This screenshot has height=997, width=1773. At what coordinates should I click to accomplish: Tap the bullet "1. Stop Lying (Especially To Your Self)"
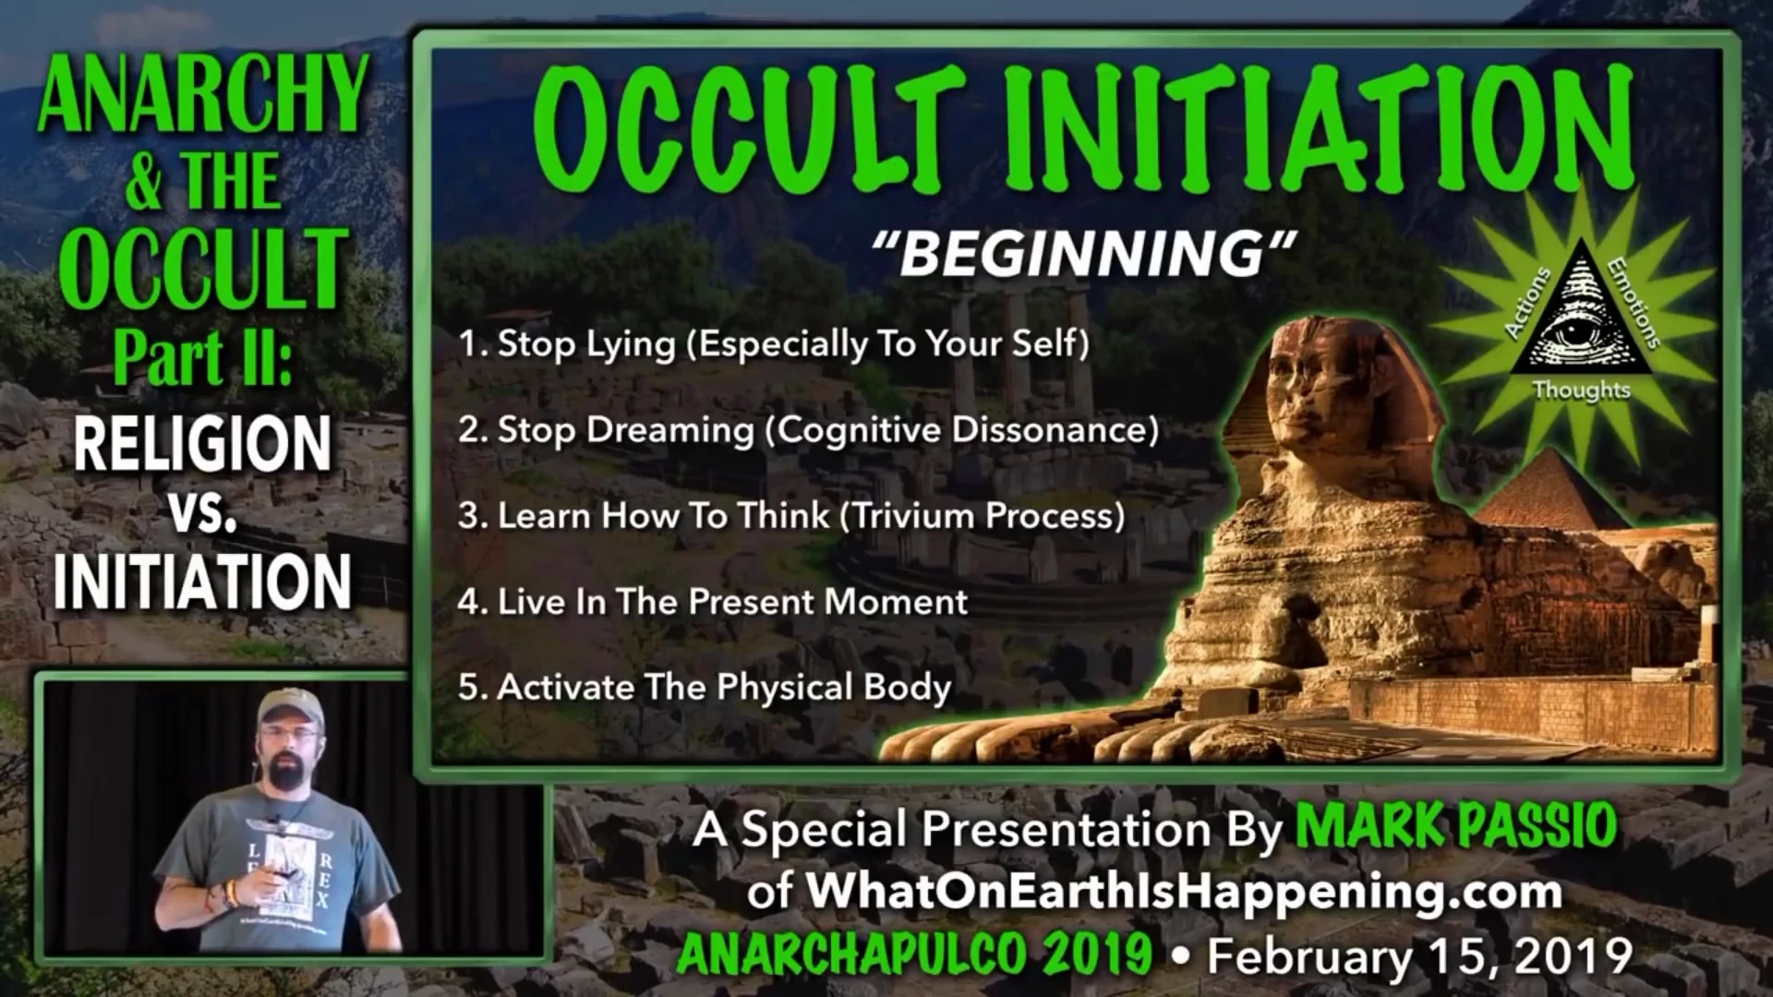[x=774, y=343]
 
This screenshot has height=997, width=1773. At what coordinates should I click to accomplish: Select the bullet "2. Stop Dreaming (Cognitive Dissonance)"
[x=808, y=430]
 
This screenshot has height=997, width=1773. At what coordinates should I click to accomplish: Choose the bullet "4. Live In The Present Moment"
[x=713, y=602]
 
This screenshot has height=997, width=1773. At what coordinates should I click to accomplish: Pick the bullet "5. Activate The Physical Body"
[x=705, y=688]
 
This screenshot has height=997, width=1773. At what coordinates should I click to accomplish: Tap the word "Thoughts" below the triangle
[x=1581, y=390]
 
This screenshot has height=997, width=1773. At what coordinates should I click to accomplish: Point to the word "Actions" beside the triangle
[x=1528, y=303]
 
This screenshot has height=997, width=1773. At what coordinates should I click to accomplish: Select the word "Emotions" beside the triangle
[x=1634, y=303]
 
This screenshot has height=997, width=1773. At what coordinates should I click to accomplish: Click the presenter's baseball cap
[x=290, y=706]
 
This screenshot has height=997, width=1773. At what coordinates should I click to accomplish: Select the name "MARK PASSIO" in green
[x=1456, y=826]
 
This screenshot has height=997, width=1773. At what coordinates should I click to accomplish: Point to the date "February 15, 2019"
[x=1420, y=956]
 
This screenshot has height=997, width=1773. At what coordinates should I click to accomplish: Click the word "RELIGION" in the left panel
[x=202, y=444]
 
